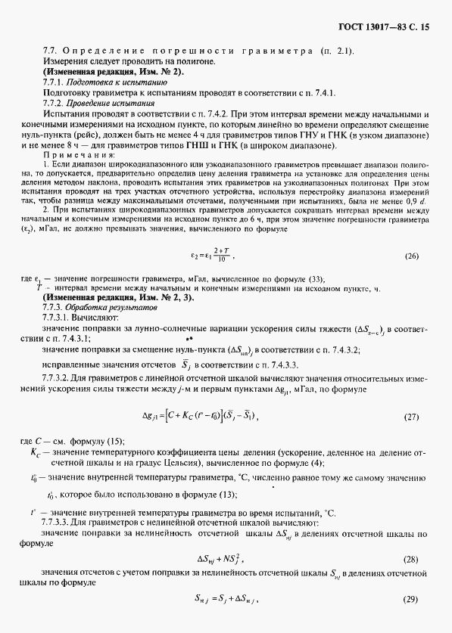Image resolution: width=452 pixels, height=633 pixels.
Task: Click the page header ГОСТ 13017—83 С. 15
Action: [380, 27]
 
